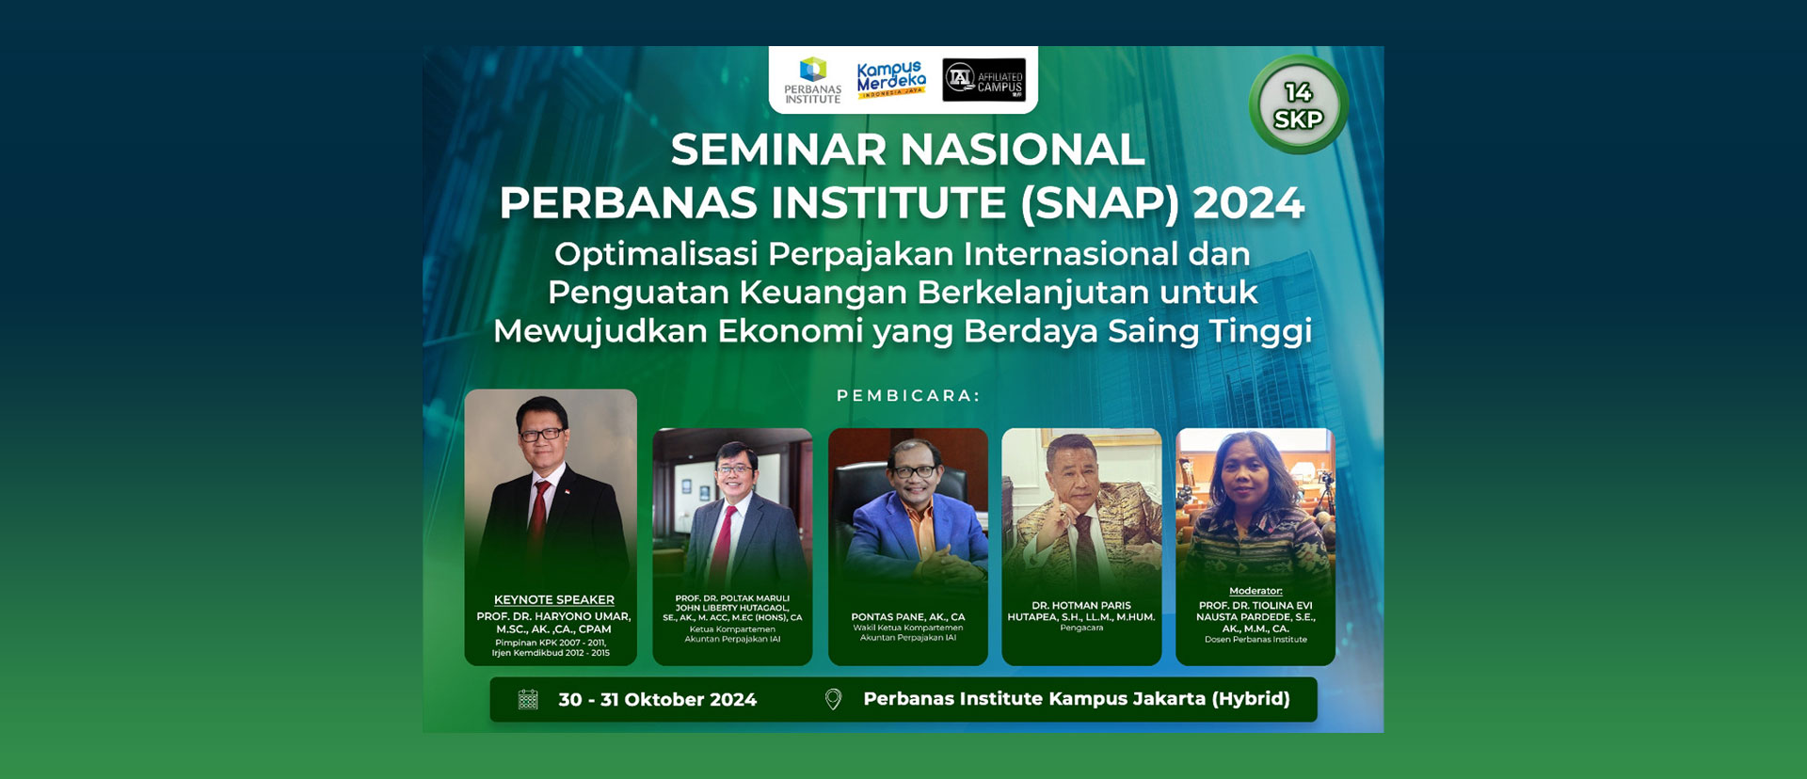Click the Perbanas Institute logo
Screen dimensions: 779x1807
(812, 81)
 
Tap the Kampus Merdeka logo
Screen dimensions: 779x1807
(890, 80)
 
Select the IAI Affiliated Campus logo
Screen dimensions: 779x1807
(983, 80)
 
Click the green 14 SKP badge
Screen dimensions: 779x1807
(1298, 105)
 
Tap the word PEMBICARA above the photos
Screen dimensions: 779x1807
(907, 396)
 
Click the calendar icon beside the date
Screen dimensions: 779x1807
(528, 699)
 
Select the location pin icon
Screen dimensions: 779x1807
(833, 699)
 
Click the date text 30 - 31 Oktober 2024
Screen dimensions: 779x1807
(657, 700)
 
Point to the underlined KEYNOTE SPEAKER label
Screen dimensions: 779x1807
(553, 599)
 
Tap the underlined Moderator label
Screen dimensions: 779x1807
(1255, 591)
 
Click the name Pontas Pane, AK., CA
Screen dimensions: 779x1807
(907, 617)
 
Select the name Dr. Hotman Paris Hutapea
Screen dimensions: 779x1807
(1080, 612)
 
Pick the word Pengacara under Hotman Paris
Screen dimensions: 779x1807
(1080, 628)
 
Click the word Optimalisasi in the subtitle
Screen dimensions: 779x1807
(655, 254)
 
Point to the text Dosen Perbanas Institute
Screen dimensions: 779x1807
(1255, 640)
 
